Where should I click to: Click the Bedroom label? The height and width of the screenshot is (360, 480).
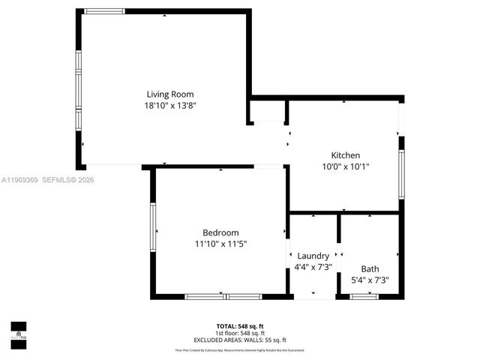220,232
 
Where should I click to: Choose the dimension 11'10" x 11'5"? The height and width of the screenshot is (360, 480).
220,244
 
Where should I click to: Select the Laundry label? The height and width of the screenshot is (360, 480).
313,256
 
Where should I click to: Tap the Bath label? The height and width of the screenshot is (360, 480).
370,268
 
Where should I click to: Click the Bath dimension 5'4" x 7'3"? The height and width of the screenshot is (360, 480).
370,280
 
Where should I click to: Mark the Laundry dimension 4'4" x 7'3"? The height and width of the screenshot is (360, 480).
313,267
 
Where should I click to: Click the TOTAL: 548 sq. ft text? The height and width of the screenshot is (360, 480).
240,326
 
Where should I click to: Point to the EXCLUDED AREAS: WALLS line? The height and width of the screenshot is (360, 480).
240,340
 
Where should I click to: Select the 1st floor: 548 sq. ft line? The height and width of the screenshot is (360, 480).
240,333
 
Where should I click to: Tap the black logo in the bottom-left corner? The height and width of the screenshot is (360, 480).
18,331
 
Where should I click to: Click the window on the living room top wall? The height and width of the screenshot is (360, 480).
104,11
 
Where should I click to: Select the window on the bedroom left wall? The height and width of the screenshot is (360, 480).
153,229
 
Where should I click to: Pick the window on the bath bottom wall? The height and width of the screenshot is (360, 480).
364,297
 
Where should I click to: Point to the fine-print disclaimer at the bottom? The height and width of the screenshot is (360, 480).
240,349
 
